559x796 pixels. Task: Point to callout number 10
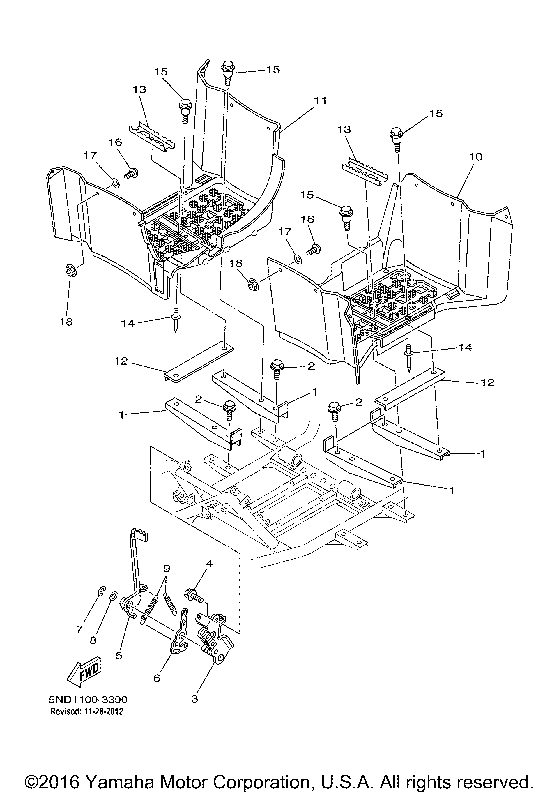(475, 157)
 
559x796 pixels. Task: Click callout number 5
(119, 655)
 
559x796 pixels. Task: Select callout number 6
(157, 677)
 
